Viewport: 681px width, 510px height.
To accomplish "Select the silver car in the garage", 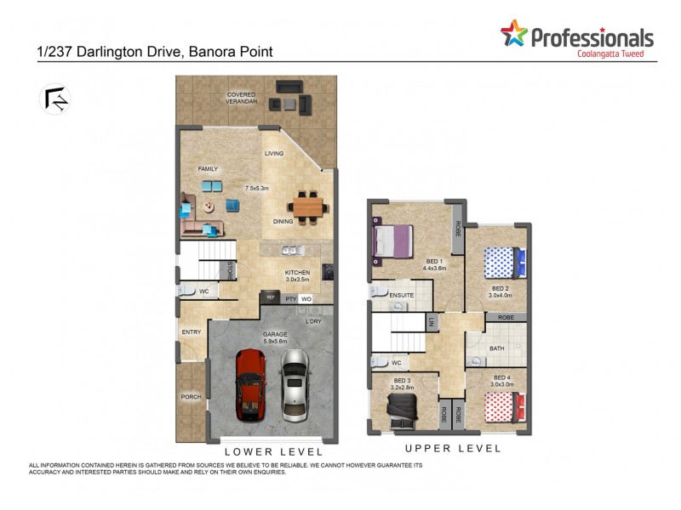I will pos(294,384).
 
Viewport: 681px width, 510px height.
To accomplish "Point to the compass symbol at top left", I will pos(55,99).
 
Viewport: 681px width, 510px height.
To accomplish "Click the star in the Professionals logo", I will pos(513,34).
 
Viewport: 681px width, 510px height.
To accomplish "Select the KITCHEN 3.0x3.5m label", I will pos(298,276).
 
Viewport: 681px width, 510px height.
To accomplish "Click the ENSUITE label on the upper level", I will pos(400,295).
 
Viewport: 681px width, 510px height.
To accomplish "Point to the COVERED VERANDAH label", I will pos(242,98).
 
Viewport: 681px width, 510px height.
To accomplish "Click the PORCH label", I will pos(191,397).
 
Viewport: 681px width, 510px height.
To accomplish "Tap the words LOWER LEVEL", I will pos(273,452).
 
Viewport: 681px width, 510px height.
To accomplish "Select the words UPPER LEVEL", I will pos(453,448).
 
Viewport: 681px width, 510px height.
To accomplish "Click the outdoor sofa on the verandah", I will pos(289,86).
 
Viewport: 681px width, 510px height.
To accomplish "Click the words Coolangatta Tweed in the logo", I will pos(604,54).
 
